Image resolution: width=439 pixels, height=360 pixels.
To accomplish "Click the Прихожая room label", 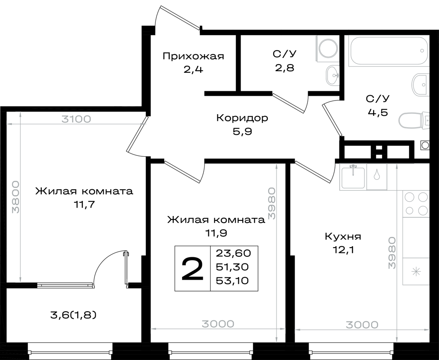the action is tap(194, 56).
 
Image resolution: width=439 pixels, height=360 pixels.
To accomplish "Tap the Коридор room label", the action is tap(242, 118).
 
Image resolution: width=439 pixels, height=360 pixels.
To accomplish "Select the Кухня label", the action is tap(343, 237).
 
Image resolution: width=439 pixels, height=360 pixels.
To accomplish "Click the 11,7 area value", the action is tap(84, 205).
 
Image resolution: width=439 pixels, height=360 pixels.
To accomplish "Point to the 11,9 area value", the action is tap(216, 233).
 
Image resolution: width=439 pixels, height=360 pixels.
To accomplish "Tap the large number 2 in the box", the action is tap(192, 269).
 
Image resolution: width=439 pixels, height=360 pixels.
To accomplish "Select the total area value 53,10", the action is tap(232, 281).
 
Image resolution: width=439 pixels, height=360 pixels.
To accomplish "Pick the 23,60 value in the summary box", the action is tap(233, 253).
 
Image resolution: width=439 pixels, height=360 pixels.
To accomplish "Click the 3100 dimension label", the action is tap(76, 119).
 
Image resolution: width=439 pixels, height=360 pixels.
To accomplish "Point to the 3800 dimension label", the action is tap(16, 197).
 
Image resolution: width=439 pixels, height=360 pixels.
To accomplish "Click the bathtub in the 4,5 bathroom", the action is tap(389, 50).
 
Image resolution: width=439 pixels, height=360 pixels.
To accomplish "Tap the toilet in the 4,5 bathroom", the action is tap(414, 121).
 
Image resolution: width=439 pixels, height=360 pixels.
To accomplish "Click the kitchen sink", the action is tap(353, 176).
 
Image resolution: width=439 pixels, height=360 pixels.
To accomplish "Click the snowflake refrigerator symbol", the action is tap(416, 272).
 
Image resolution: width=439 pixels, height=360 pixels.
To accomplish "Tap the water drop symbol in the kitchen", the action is tap(377, 175).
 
